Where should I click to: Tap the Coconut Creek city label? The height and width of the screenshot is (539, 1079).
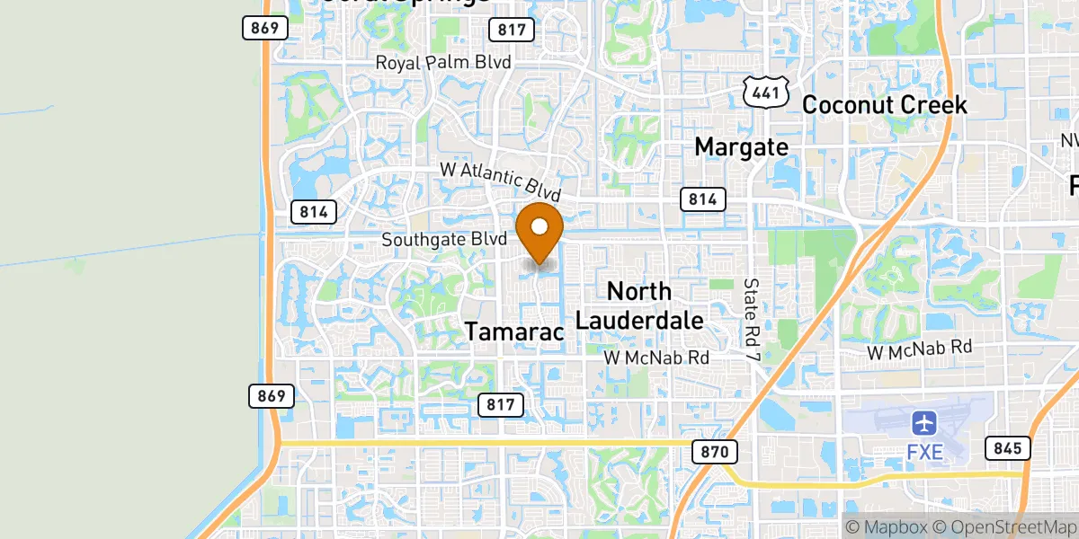click(884, 105)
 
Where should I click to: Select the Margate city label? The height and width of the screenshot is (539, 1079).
click(742, 146)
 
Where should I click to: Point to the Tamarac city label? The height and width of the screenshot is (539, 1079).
click(514, 331)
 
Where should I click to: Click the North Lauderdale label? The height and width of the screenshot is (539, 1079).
click(639, 305)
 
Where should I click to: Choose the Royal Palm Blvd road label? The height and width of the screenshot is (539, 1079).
click(443, 63)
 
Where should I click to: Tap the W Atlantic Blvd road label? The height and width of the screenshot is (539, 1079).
click(500, 181)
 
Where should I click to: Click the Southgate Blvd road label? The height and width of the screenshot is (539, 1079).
click(445, 240)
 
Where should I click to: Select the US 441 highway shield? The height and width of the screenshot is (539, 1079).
click(767, 91)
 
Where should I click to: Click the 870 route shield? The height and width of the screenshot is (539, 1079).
click(715, 451)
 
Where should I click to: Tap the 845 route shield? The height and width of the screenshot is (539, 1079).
click(1006, 447)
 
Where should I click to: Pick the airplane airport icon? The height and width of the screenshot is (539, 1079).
click(924, 422)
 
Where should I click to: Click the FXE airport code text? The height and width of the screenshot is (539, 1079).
click(924, 451)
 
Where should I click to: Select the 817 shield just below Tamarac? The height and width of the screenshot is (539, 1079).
click(500, 404)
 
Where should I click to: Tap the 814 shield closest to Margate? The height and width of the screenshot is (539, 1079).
click(704, 199)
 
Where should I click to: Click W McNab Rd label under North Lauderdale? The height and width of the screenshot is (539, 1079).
click(656, 358)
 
